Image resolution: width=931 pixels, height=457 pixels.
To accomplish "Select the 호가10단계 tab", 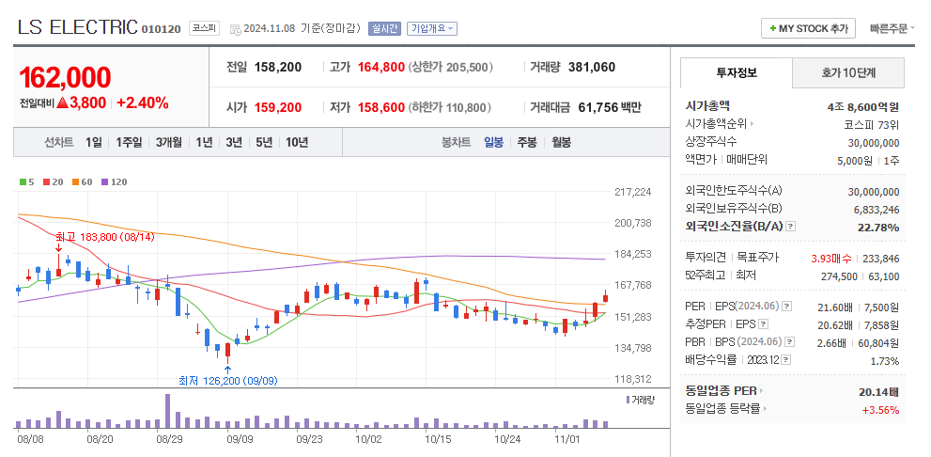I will pos(847,72).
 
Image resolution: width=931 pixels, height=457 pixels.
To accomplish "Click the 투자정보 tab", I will pos(736,72).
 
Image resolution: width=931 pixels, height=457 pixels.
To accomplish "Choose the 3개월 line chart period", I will pos(169,142).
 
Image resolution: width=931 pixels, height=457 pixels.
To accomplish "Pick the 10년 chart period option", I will pos(297,142).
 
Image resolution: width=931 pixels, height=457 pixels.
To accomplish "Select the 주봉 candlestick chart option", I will pos(527,142).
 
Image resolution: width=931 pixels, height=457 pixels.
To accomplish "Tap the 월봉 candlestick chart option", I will pos(561,142).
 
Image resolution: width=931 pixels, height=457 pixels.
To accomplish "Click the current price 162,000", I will pos(65,78).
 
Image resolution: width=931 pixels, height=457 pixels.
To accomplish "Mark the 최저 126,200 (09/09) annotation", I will pos(228,381).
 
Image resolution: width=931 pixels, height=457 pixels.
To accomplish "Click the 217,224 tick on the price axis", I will pos(632,192).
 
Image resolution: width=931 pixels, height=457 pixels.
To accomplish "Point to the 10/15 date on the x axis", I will pos(438,438).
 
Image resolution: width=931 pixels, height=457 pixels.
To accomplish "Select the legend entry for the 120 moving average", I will pos(114,181).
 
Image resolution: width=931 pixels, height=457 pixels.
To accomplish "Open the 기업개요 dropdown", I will pos(432,28).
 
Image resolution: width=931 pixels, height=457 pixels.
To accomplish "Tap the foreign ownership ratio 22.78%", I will pos(878,227).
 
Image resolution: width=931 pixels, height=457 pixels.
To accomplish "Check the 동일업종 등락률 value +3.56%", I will pos(880,409).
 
